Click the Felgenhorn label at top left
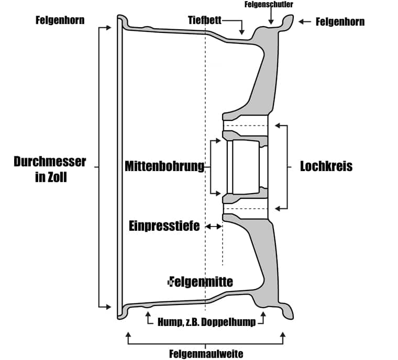tap(60, 20)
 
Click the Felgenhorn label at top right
tap(340, 22)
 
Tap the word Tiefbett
tap(205, 20)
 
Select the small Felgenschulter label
tap(269, 4)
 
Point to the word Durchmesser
tap(50, 162)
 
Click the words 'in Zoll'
tap(51, 177)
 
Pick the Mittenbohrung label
tap(164, 166)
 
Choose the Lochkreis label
tap(326, 166)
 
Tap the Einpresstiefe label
tap(164, 226)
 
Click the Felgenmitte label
tap(201, 282)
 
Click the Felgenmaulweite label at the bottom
tap(206, 354)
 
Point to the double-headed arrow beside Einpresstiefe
tap(214, 226)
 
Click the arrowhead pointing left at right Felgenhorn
tap(301, 22)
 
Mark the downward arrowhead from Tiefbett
tap(241, 32)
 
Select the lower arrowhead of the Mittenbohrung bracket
tap(218, 194)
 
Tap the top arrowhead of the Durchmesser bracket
tap(108, 27)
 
